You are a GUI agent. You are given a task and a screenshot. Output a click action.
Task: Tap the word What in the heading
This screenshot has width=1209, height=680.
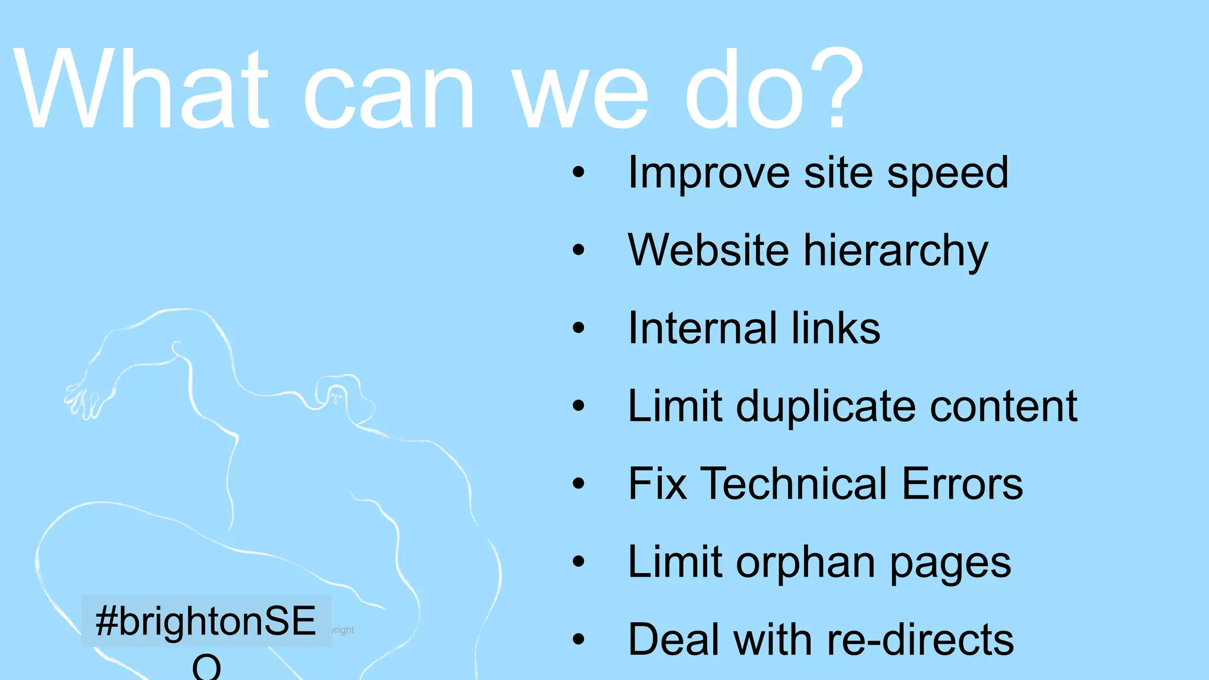pos(142,89)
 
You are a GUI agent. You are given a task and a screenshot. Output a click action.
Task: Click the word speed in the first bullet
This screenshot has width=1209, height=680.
pos(947,174)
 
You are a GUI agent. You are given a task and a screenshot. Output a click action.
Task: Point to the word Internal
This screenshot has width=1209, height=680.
pos(702,328)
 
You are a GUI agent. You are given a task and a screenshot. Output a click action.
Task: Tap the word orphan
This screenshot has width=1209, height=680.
pos(806,563)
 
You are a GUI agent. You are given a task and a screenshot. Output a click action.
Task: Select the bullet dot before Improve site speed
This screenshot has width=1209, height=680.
pos(579,173)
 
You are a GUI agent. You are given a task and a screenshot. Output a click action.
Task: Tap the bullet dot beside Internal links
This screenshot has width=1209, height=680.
pos(579,328)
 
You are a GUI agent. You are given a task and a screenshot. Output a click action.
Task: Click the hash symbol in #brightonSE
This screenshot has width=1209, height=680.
pos(106,621)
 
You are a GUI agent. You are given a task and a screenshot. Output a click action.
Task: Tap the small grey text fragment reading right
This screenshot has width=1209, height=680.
pos(343,630)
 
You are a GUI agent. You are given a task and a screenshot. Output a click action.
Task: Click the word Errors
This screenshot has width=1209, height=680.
pos(962,484)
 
